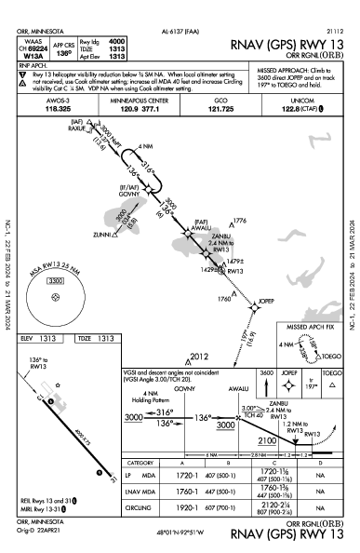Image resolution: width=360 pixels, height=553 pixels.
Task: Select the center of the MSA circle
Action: tap(58, 297)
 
